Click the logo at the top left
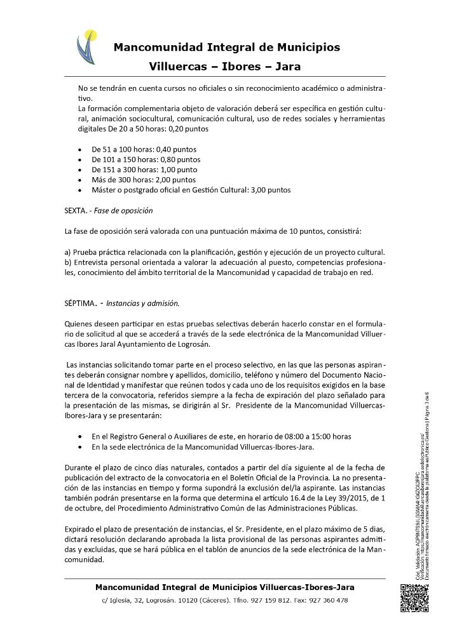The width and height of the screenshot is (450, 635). pyautogui.click(x=88, y=48)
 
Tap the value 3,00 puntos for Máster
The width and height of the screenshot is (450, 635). pyautogui.click(x=271, y=189)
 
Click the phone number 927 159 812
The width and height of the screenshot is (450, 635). pyautogui.click(x=270, y=600)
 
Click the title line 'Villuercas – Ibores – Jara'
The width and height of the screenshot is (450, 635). pyautogui.click(x=225, y=66)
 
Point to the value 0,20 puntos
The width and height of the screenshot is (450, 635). pyautogui.click(x=188, y=129)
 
